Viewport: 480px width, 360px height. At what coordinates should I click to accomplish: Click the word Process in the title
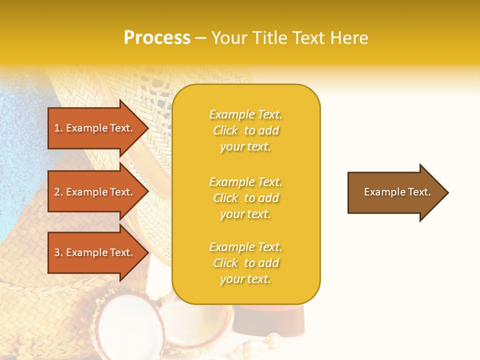click(157, 38)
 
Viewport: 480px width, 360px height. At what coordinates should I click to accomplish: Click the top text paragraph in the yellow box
click(245, 130)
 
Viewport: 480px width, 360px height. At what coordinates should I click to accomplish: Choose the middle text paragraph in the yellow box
click(245, 198)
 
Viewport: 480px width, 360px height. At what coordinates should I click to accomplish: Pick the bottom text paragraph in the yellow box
click(245, 263)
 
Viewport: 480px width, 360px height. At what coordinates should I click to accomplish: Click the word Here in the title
click(350, 38)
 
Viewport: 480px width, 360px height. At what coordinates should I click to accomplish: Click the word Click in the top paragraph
click(225, 130)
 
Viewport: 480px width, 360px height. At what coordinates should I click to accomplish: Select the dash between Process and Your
click(200, 38)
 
